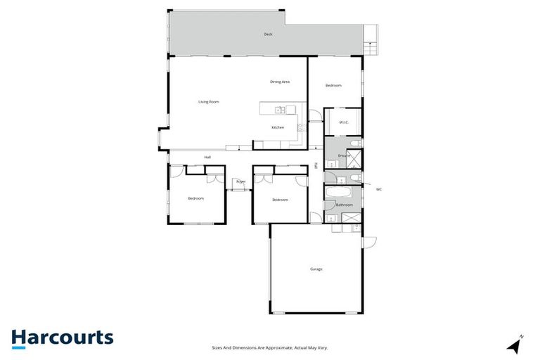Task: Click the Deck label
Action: point(268,34)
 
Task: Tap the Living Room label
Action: point(208,102)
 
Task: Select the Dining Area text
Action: point(280,82)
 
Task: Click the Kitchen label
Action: point(278,127)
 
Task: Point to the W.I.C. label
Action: point(344,122)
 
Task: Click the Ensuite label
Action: point(344,155)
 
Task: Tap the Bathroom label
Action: point(344,205)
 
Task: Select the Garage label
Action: point(316,269)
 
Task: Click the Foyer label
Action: point(240,181)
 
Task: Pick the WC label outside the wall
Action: point(379,189)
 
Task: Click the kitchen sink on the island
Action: point(279,109)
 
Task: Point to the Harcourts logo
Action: point(62,337)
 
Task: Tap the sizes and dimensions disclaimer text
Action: point(270,347)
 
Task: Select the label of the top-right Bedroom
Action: point(333,85)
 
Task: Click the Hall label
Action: point(207,157)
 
